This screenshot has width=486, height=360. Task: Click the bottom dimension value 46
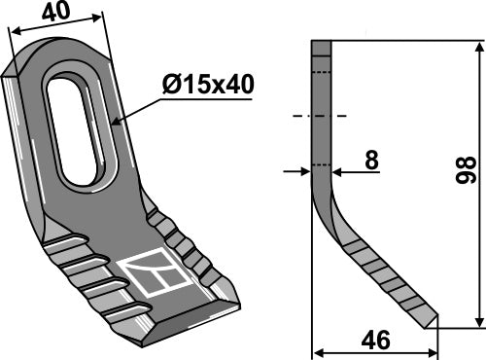point(372,341)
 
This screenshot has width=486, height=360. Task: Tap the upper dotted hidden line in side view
point(321,72)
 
